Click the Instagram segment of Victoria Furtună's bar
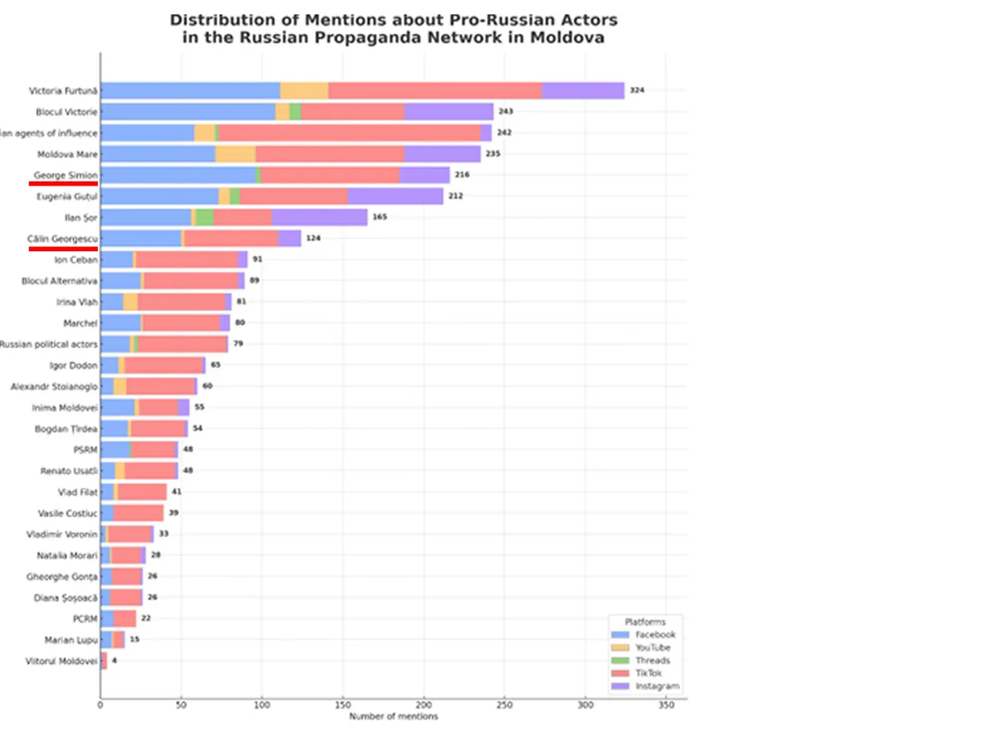click(583, 90)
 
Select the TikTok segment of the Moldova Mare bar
click(330, 154)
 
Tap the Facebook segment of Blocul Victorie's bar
click(187, 112)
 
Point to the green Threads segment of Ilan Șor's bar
click(205, 217)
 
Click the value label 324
click(637, 90)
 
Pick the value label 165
click(380, 217)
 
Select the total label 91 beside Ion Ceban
click(258, 259)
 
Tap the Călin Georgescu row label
click(62, 238)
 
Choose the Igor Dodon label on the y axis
click(75, 365)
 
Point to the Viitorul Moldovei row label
click(62, 661)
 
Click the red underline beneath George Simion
click(63, 184)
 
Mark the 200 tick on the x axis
click(424, 705)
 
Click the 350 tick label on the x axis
click(665, 705)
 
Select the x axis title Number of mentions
click(393, 716)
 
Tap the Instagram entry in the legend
click(657, 686)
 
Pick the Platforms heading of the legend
click(645, 622)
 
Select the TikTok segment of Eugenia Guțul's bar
click(294, 196)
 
